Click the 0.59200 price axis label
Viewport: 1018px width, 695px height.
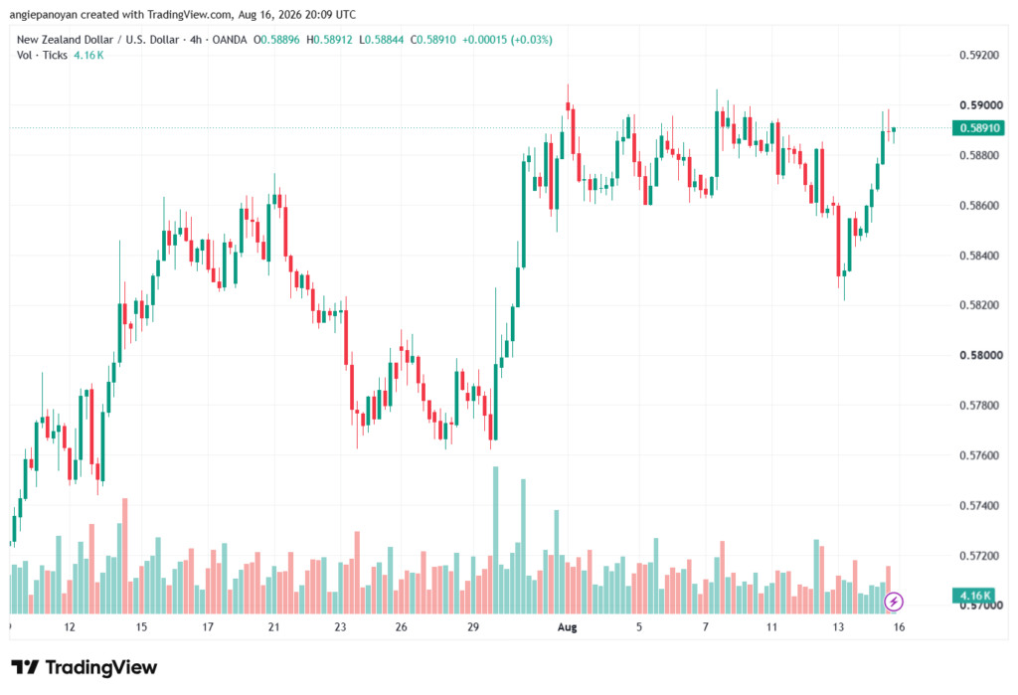click(979, 56)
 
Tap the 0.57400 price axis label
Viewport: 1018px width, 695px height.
click(979, 505)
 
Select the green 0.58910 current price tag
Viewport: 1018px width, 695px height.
click(978, 128)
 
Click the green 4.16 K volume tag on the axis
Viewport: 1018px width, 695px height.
click(974, 595)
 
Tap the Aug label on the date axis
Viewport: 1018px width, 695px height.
click(567, 626)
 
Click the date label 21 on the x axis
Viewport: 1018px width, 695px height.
click(273, 626)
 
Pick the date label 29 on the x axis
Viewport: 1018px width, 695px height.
click(472, 626)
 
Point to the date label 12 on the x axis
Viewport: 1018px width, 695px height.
click(70, 626)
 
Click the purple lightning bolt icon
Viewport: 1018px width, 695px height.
click(894, 602)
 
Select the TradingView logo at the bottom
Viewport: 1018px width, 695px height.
click(85, 667)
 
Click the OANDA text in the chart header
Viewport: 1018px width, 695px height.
click(230, 40)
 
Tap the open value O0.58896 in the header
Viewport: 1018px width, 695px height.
click(276, 40)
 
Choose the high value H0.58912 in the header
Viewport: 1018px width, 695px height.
click(329, 40)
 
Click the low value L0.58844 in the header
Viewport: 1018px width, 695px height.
click(381, 40)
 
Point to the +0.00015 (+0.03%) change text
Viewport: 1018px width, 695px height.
click(507, 40)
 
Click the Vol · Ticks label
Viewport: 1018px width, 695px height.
click(42, 56)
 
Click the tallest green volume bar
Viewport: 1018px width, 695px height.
click(496, 540)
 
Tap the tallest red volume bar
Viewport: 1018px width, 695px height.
click(125, 556)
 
